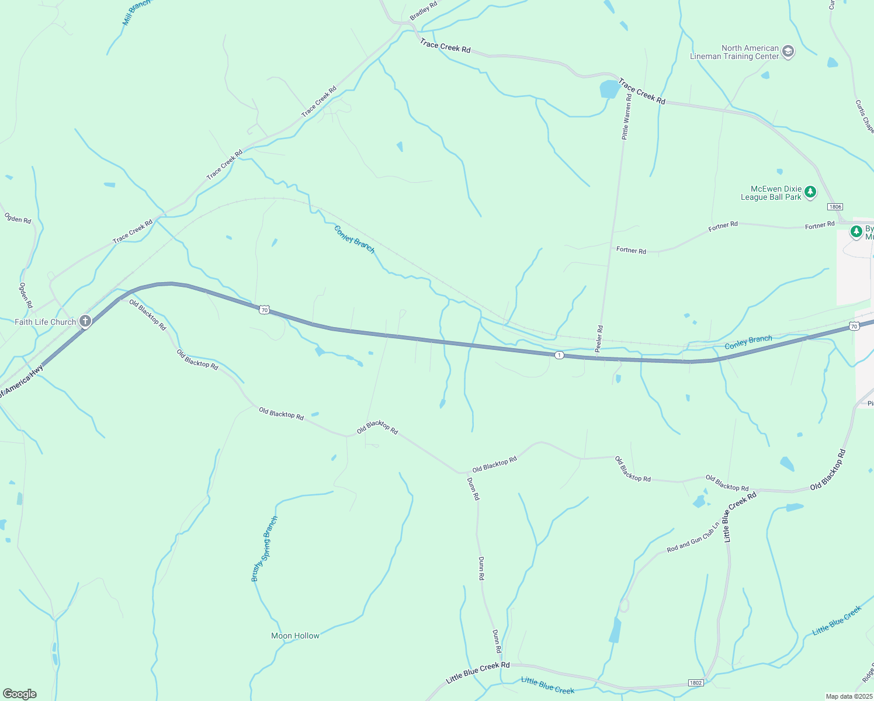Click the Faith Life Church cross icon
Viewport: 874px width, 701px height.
[x=85, y=321]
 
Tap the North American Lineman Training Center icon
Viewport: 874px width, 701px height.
[x=788, y=52]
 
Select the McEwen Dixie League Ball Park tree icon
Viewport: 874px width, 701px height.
[x=810, y=192]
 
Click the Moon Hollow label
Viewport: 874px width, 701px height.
[x=295, y=636]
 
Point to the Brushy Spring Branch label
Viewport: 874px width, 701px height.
[x=265, y=549]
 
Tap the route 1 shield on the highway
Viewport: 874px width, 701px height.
[x=559, y=355]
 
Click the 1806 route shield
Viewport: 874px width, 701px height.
[x=835, y=207]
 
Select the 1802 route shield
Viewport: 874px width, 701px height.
[x=695, y=682]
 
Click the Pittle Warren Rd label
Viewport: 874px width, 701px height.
[x=626, y=117]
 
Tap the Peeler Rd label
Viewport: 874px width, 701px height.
[x=599, y=339]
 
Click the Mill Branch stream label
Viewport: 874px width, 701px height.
[x=136, y=12]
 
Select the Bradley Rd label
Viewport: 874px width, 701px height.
[x=423, y=11]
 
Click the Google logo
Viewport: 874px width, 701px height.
[x=19, y=694]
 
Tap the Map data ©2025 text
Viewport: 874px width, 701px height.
[x=848, y=696]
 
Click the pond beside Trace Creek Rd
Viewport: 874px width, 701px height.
[x=609, y=89]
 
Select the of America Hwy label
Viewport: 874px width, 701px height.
[x=22, y=381]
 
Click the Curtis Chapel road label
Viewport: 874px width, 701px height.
[x=864, y=116]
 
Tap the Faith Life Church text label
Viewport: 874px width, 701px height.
[x=46, y=322]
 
